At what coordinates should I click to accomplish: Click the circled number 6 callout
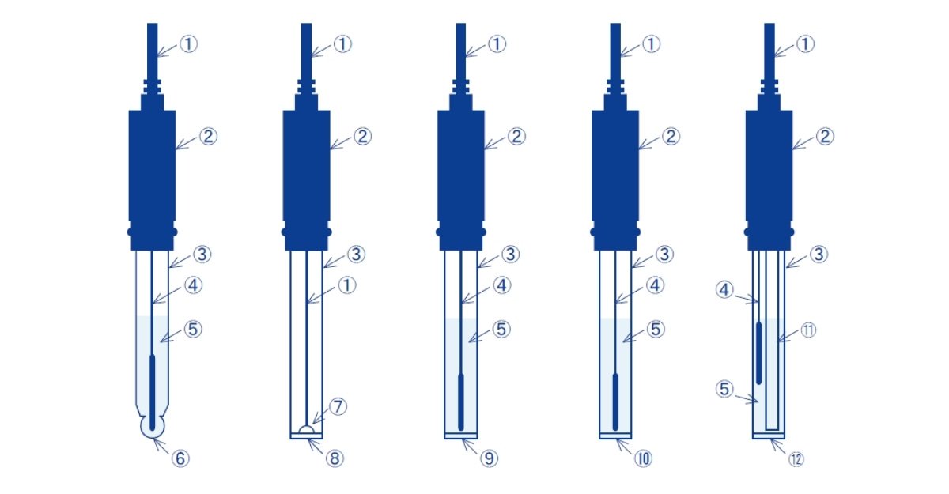180,458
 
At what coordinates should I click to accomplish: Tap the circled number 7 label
338,406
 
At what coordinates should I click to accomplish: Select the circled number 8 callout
335,458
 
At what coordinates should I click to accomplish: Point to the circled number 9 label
489,458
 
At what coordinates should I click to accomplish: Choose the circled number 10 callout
643,458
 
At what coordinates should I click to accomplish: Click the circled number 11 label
808,330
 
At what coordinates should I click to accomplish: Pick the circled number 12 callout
796,459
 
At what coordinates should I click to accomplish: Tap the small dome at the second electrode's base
306,430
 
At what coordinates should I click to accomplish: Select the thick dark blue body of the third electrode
461,165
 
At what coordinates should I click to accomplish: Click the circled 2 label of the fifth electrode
825,136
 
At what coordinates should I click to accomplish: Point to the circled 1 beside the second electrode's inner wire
347,285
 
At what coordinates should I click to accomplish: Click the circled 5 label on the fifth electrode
724,389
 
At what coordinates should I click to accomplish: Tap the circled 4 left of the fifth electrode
724,290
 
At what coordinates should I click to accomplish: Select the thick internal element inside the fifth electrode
758,353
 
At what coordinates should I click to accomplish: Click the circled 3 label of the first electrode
202,255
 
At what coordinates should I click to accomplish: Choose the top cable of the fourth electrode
615,51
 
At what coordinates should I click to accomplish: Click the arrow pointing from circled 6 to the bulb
161,445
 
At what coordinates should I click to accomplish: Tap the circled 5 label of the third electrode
501,330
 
